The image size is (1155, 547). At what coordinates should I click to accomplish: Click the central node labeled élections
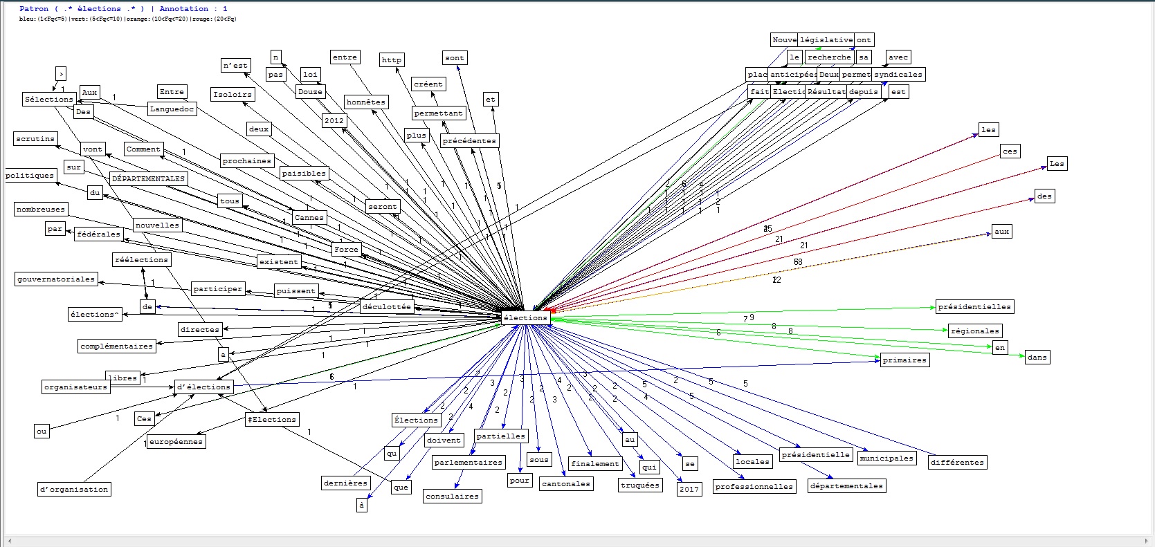pos(526,318)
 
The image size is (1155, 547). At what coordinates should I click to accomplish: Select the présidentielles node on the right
pos(974,307)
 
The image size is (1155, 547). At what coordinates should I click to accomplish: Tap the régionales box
pos(975,331)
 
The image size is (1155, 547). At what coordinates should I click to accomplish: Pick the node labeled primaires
pos(904,360)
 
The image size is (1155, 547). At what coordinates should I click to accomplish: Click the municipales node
pos(886,458)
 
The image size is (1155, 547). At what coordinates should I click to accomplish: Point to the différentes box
pos(957,462)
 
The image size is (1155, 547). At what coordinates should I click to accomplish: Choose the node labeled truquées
pos(640,485)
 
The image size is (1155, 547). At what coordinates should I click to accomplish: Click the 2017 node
pos(689,489)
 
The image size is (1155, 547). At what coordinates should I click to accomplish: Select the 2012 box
pos(334,120)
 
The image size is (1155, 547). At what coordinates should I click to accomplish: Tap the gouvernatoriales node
pos(56,279)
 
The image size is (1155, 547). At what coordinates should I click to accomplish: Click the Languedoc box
pos(172,109)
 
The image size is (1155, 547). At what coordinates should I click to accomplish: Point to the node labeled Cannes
pos(309,217)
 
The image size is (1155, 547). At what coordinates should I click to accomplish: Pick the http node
pos(392,60)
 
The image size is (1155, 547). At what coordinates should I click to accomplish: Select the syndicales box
pos(898,75)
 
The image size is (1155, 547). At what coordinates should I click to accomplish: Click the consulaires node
pos(452,496)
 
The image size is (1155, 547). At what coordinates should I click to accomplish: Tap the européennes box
pos(176,441)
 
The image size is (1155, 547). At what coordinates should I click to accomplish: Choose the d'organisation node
pos(74,490)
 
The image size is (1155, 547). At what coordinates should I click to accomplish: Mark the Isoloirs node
pos(233,94)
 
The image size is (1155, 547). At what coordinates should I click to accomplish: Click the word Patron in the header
pos(34,8)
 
